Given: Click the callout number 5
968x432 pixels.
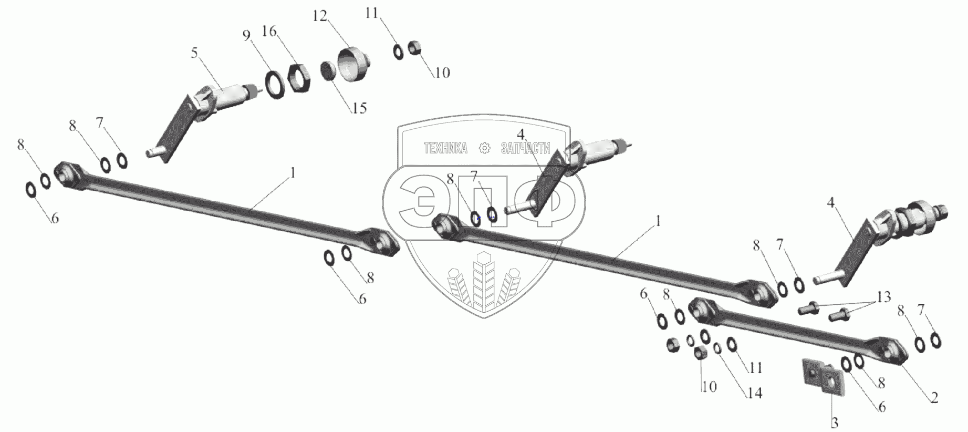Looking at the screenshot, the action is [x=194, y=54].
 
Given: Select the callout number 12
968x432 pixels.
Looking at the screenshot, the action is [x=320, y=16].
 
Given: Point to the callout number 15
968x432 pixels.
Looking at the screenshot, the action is [x=359, y=108].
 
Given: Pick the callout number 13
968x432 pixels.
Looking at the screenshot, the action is [x=884, y=297].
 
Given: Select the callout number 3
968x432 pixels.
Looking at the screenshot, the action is [x=835, y=423].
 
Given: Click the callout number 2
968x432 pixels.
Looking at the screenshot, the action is [x=934, y=398].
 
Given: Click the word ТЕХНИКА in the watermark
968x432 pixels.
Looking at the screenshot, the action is [x=445, y=149].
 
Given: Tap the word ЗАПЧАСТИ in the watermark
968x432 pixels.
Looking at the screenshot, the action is [x=525, y=149].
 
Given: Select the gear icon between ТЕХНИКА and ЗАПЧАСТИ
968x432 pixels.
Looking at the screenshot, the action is [x=485, y=149].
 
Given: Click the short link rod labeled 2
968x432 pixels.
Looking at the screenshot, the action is [x=798, y=332].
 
